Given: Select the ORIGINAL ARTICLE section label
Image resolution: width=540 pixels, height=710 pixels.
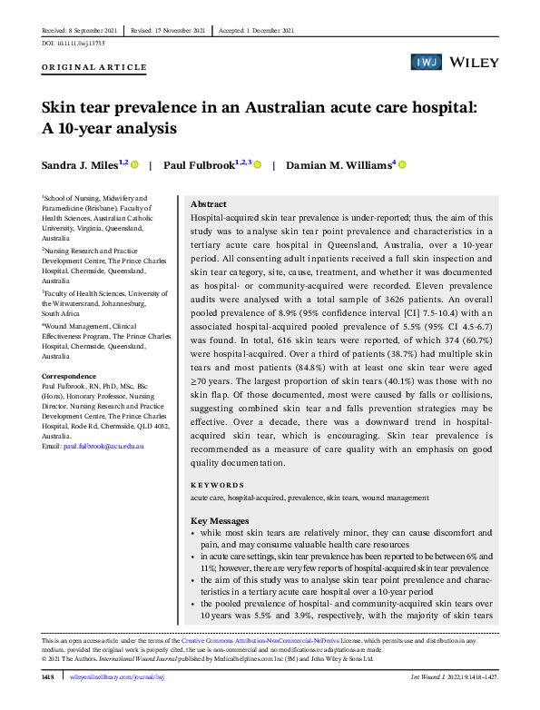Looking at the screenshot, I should click(x=93, y=68).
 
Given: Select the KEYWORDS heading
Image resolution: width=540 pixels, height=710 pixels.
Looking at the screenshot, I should click(x=217, y=486).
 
